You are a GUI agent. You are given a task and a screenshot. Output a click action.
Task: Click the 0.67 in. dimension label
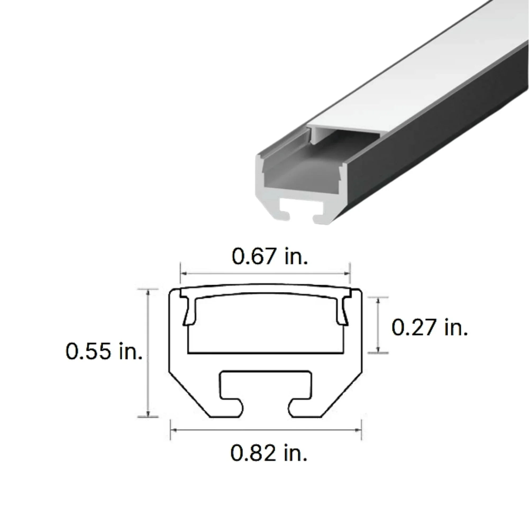point(270,257)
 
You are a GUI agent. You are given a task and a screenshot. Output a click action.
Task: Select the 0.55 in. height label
point(104,351)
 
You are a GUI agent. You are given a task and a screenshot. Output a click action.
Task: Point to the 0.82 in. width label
point(269,453)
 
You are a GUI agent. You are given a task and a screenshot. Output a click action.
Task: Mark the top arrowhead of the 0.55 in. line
point(148,293)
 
